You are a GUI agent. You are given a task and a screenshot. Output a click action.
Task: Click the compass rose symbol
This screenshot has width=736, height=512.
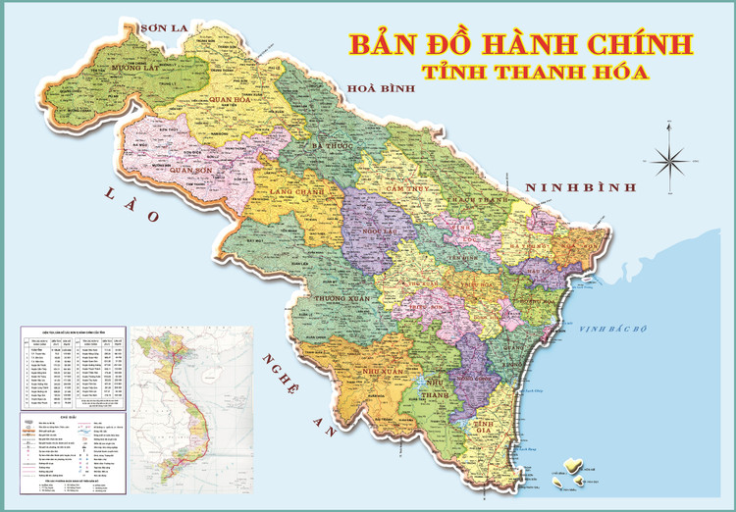(670, 158)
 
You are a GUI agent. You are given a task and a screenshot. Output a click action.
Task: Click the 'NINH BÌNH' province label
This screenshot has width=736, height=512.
(580, 187)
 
